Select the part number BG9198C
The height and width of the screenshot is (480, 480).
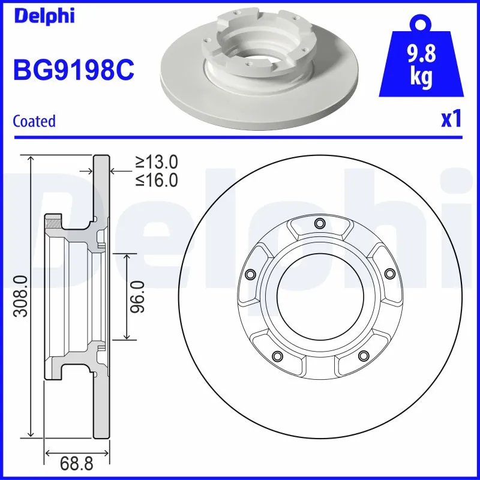(73, 70)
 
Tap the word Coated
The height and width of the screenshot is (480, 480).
(34, 121)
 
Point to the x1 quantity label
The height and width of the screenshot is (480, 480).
(451, 119)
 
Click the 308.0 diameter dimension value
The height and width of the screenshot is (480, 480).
(20, 295)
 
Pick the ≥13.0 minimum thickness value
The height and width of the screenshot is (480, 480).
(157, 161)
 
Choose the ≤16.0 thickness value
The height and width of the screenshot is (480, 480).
(157, 180)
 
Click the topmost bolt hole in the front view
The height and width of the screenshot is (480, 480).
(319, 224)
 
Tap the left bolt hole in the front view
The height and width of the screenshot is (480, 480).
(250, 274)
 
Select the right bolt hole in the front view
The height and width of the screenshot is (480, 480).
(389, 274)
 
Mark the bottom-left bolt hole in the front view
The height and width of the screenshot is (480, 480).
(277, 356)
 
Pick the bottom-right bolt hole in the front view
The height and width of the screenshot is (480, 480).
(362, 356)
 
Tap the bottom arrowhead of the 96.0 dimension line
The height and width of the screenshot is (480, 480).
(127, 337)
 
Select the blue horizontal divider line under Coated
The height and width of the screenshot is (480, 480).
(240, 137)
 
